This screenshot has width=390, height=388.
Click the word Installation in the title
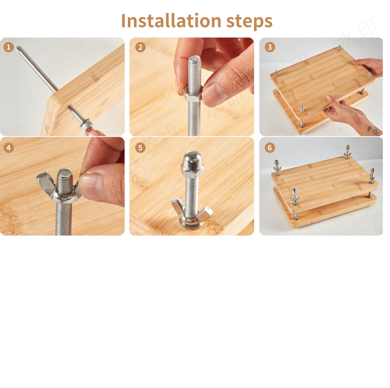[171, 21]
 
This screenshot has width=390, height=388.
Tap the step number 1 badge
[8, 47]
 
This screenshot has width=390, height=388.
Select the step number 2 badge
[140, 47]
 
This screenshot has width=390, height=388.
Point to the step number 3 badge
[270, 47]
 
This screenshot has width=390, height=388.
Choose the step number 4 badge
[8, 148]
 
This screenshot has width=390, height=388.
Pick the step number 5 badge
[140, 148]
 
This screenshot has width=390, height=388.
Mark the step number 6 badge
[270, 148]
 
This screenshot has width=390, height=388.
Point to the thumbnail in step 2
[215, 94]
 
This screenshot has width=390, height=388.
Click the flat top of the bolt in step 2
[194, 59]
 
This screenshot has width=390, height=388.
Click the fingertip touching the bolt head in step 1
[93, 133]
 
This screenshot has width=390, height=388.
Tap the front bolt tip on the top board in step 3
[302, 109]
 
